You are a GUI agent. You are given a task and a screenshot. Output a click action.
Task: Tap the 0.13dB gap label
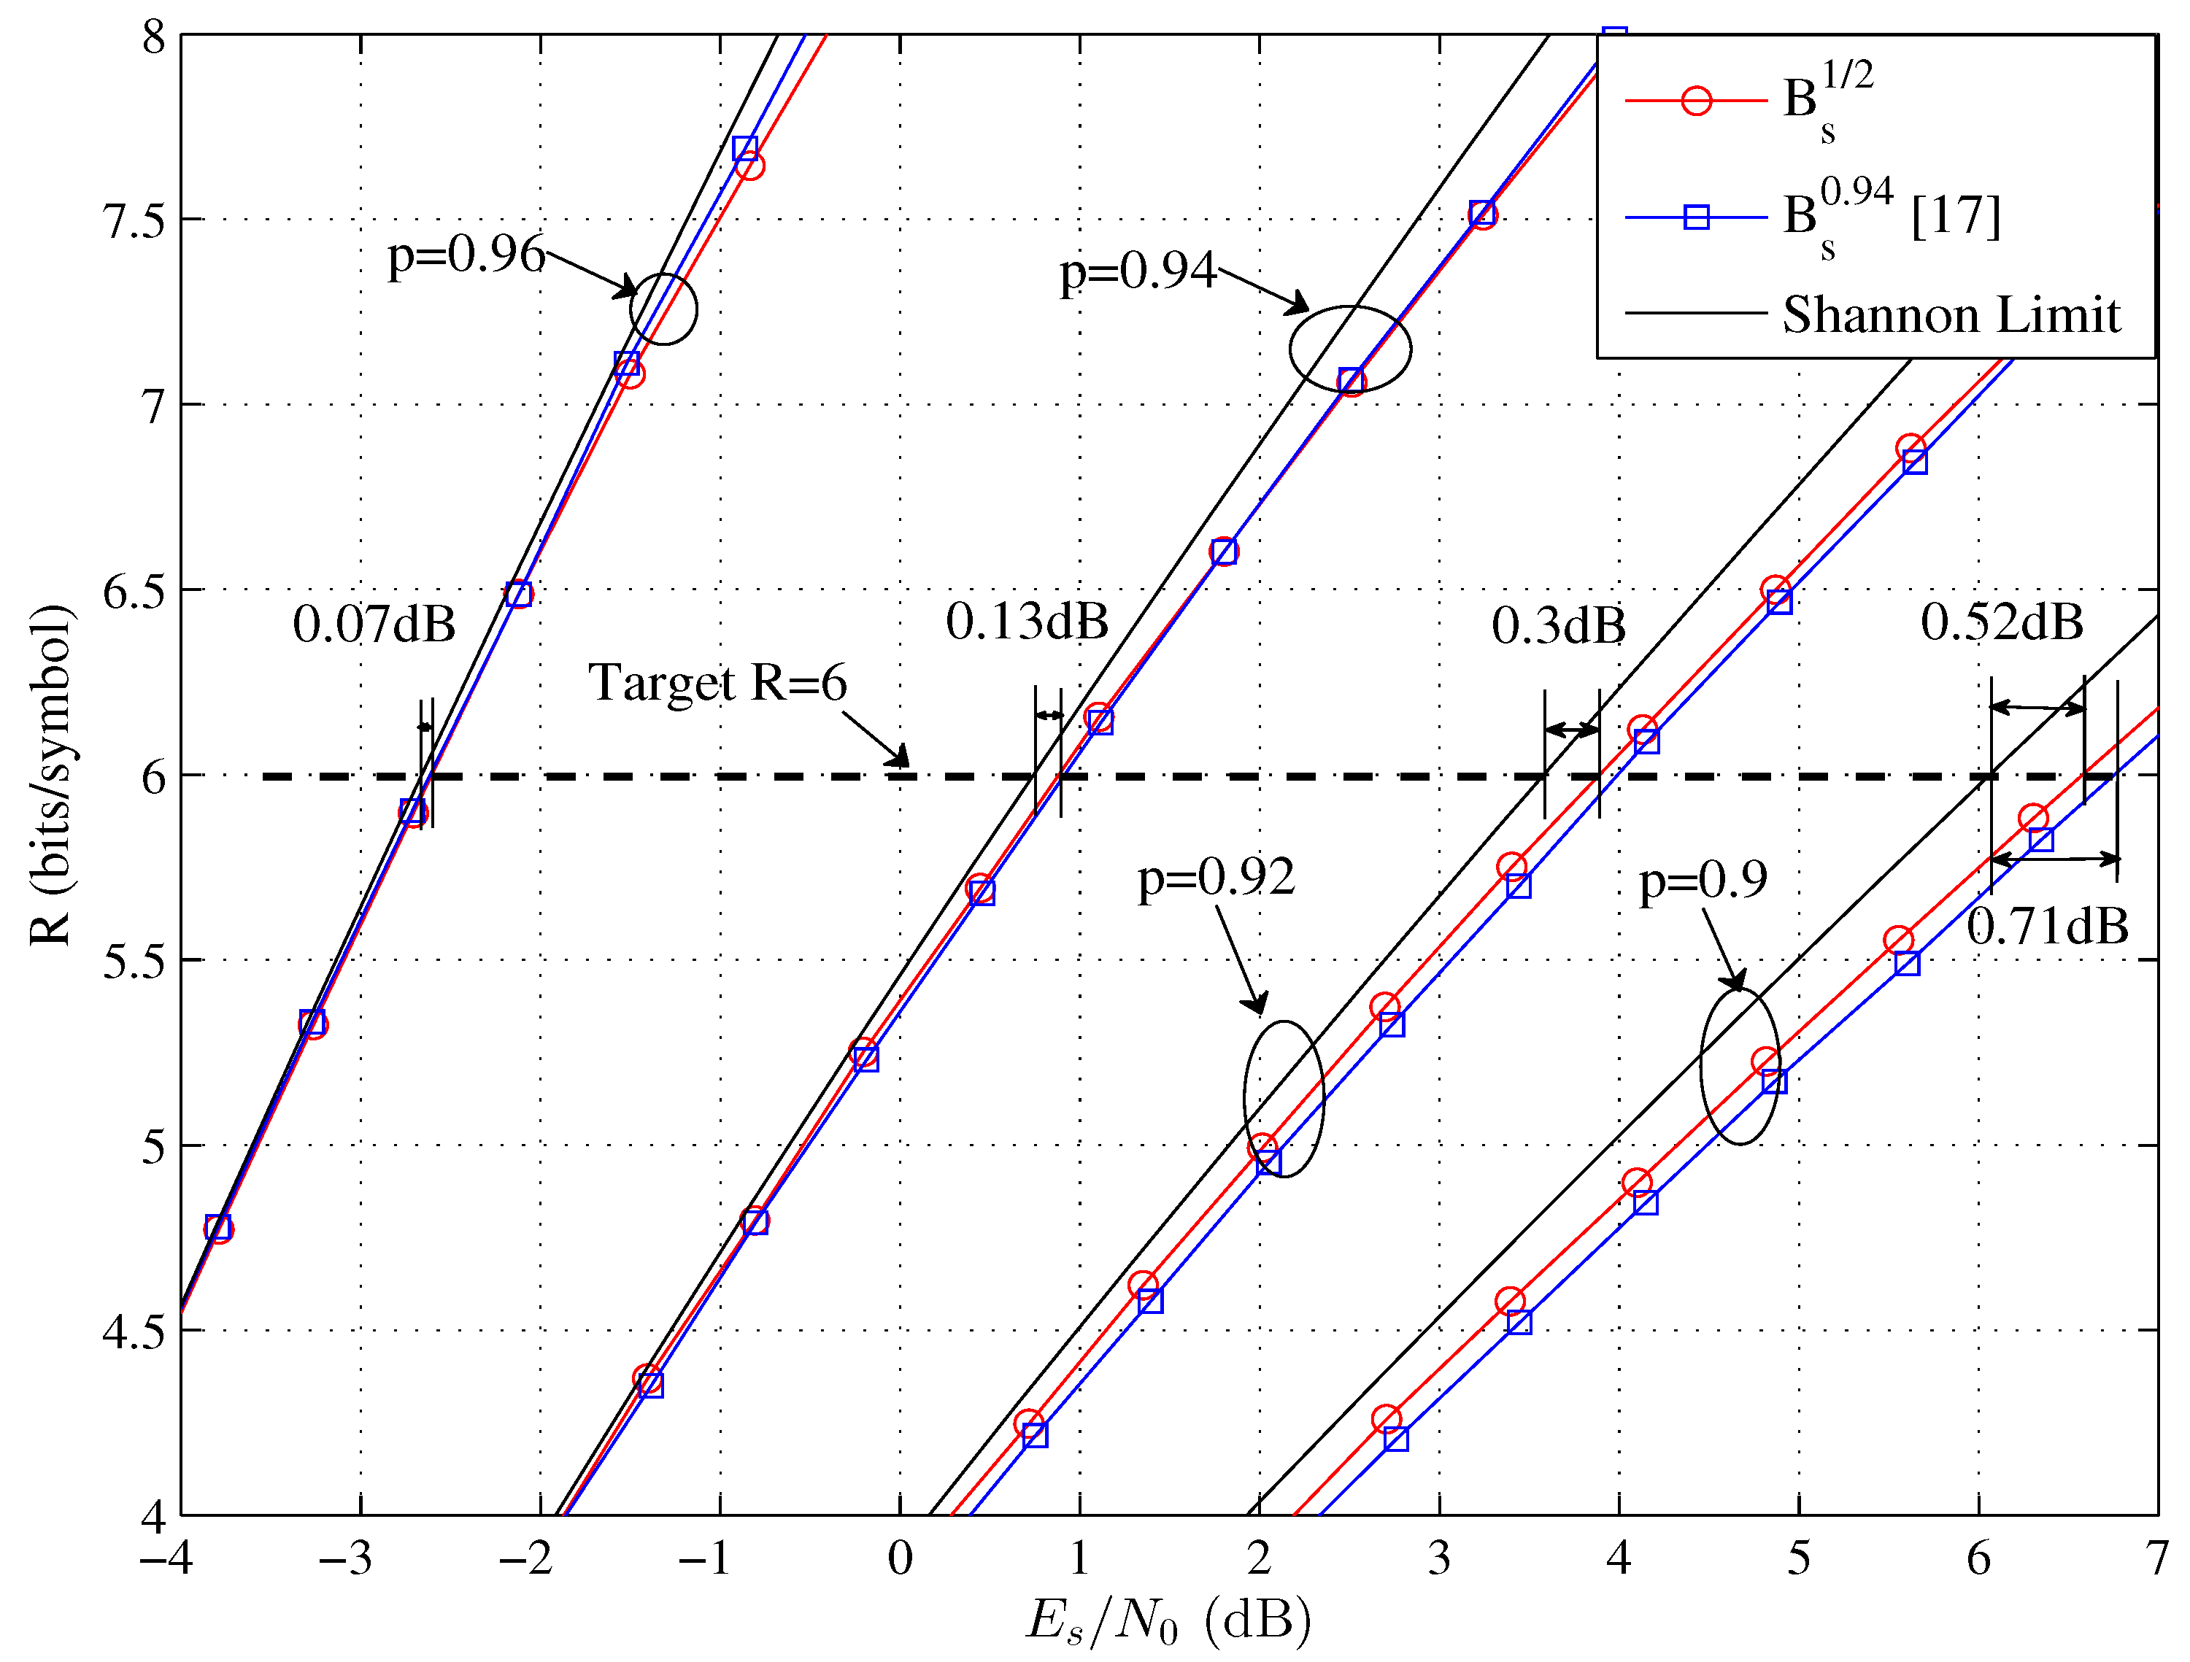tap(1027, 622)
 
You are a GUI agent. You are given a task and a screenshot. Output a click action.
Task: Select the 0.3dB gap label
tap(1558, 625)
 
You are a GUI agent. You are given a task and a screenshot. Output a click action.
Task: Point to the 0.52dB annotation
tap(2002, 622)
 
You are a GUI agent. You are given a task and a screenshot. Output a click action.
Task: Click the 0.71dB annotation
tap(2048, 927)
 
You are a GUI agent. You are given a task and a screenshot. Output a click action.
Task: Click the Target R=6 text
tap(718, 683)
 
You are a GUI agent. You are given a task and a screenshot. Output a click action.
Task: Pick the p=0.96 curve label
tap(466, 255)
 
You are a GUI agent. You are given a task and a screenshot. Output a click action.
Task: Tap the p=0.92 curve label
tap(1216, 877)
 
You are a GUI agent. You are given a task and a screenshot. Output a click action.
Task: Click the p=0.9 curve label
tap(1703, 879)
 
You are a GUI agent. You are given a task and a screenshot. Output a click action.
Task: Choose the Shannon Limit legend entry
tap(1951, 314)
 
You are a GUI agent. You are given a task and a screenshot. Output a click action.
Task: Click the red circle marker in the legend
tap(1696, 101)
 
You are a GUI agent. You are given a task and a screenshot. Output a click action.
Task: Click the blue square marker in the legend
tap(1696, 217)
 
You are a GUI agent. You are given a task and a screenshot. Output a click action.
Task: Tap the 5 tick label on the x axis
tap(1799, 1558)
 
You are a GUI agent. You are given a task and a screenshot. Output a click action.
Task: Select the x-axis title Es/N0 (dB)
tap(1168, 1620)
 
